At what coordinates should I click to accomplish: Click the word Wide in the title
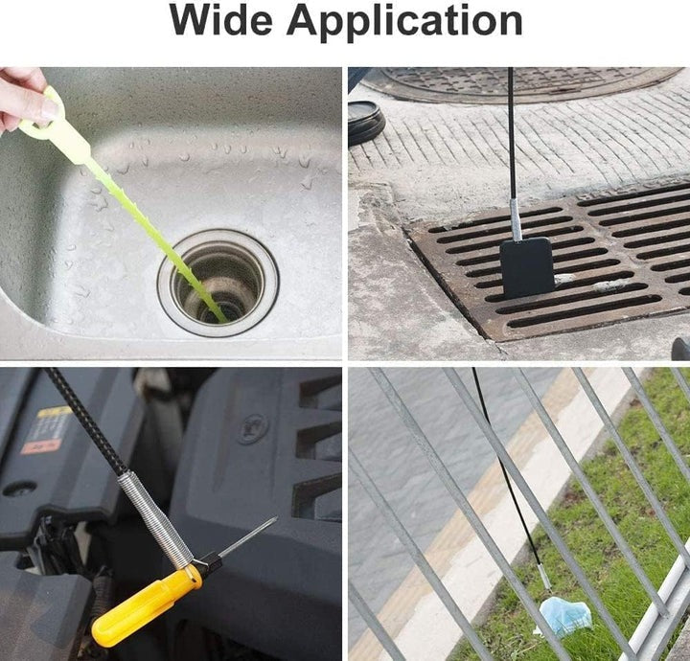(221, 21)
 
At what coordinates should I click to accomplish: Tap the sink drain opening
(218, 284)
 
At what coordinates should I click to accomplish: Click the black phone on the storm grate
(526, 267)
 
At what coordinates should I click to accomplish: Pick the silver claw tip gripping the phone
(516, 219)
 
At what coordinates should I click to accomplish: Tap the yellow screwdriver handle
(146, 606)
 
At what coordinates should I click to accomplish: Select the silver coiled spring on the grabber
(155, 520)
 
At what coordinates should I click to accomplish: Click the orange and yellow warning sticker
(48, 430)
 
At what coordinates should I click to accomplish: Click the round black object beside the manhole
(366, 123)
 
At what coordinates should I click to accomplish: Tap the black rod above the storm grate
(512, 133)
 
